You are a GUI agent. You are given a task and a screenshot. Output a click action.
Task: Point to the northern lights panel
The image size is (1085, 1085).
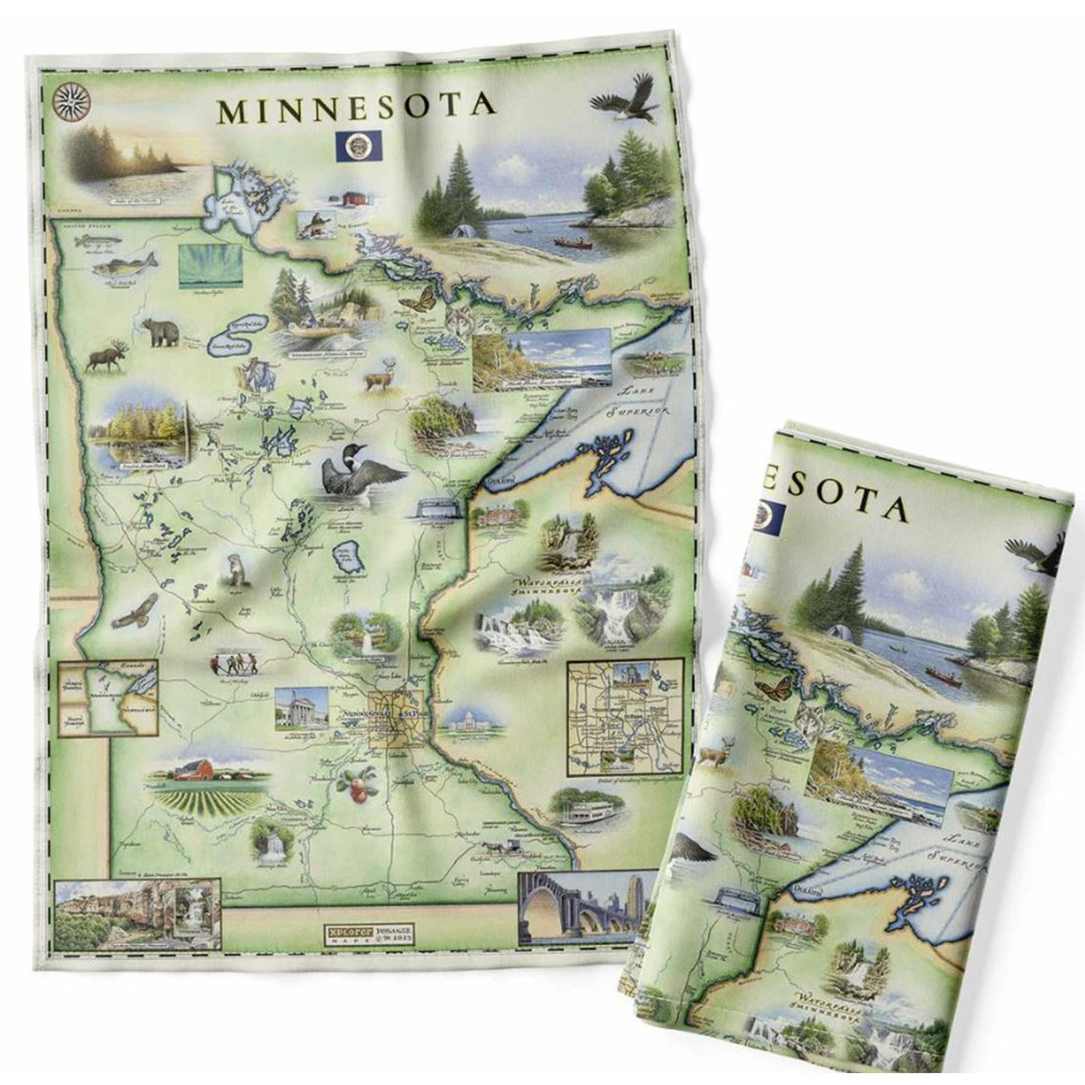click(207, 266)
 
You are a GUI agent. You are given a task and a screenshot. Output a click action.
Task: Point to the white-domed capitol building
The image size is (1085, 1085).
click(468, 721)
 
